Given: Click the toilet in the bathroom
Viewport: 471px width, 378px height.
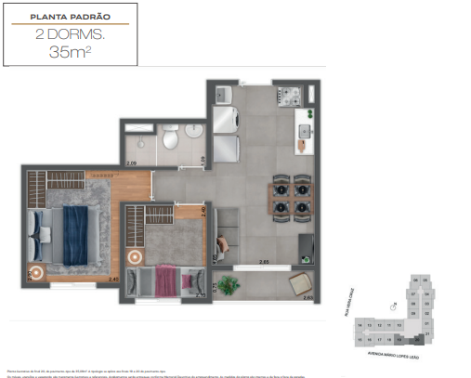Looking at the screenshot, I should [x=169, y=140].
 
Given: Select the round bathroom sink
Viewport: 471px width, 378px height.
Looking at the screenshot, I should [x=191, y=133].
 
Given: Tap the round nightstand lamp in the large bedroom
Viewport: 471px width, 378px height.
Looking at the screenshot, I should [x=36, y=272].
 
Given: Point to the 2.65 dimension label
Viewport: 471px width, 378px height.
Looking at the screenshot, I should [x=265, y=263].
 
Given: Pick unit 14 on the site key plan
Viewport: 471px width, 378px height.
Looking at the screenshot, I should [x=360, y=326].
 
